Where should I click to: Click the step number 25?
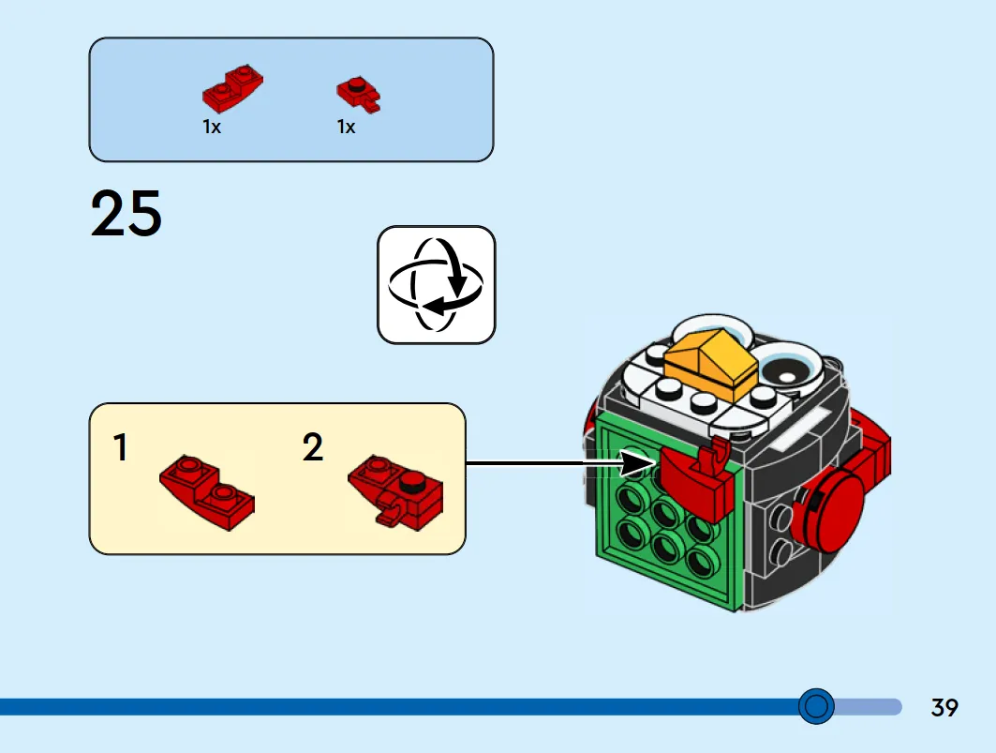[x=126, y=214]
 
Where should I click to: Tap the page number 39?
[x=944, y=707]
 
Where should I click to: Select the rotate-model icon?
[x=437, y=285]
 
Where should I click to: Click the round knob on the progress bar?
[x=816, y=706]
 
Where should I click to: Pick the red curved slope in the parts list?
[x=232, y=88]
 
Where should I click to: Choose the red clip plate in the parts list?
[x=359, y=94]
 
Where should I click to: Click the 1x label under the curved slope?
[x=212, y=128]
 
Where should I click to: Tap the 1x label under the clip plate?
[x=346, y=128]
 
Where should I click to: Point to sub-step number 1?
[x=121, y=447]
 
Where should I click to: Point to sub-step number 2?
[x=313, y=447]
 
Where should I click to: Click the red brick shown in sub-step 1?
[x=207, y=491]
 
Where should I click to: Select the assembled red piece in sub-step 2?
[x=395, y=491]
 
